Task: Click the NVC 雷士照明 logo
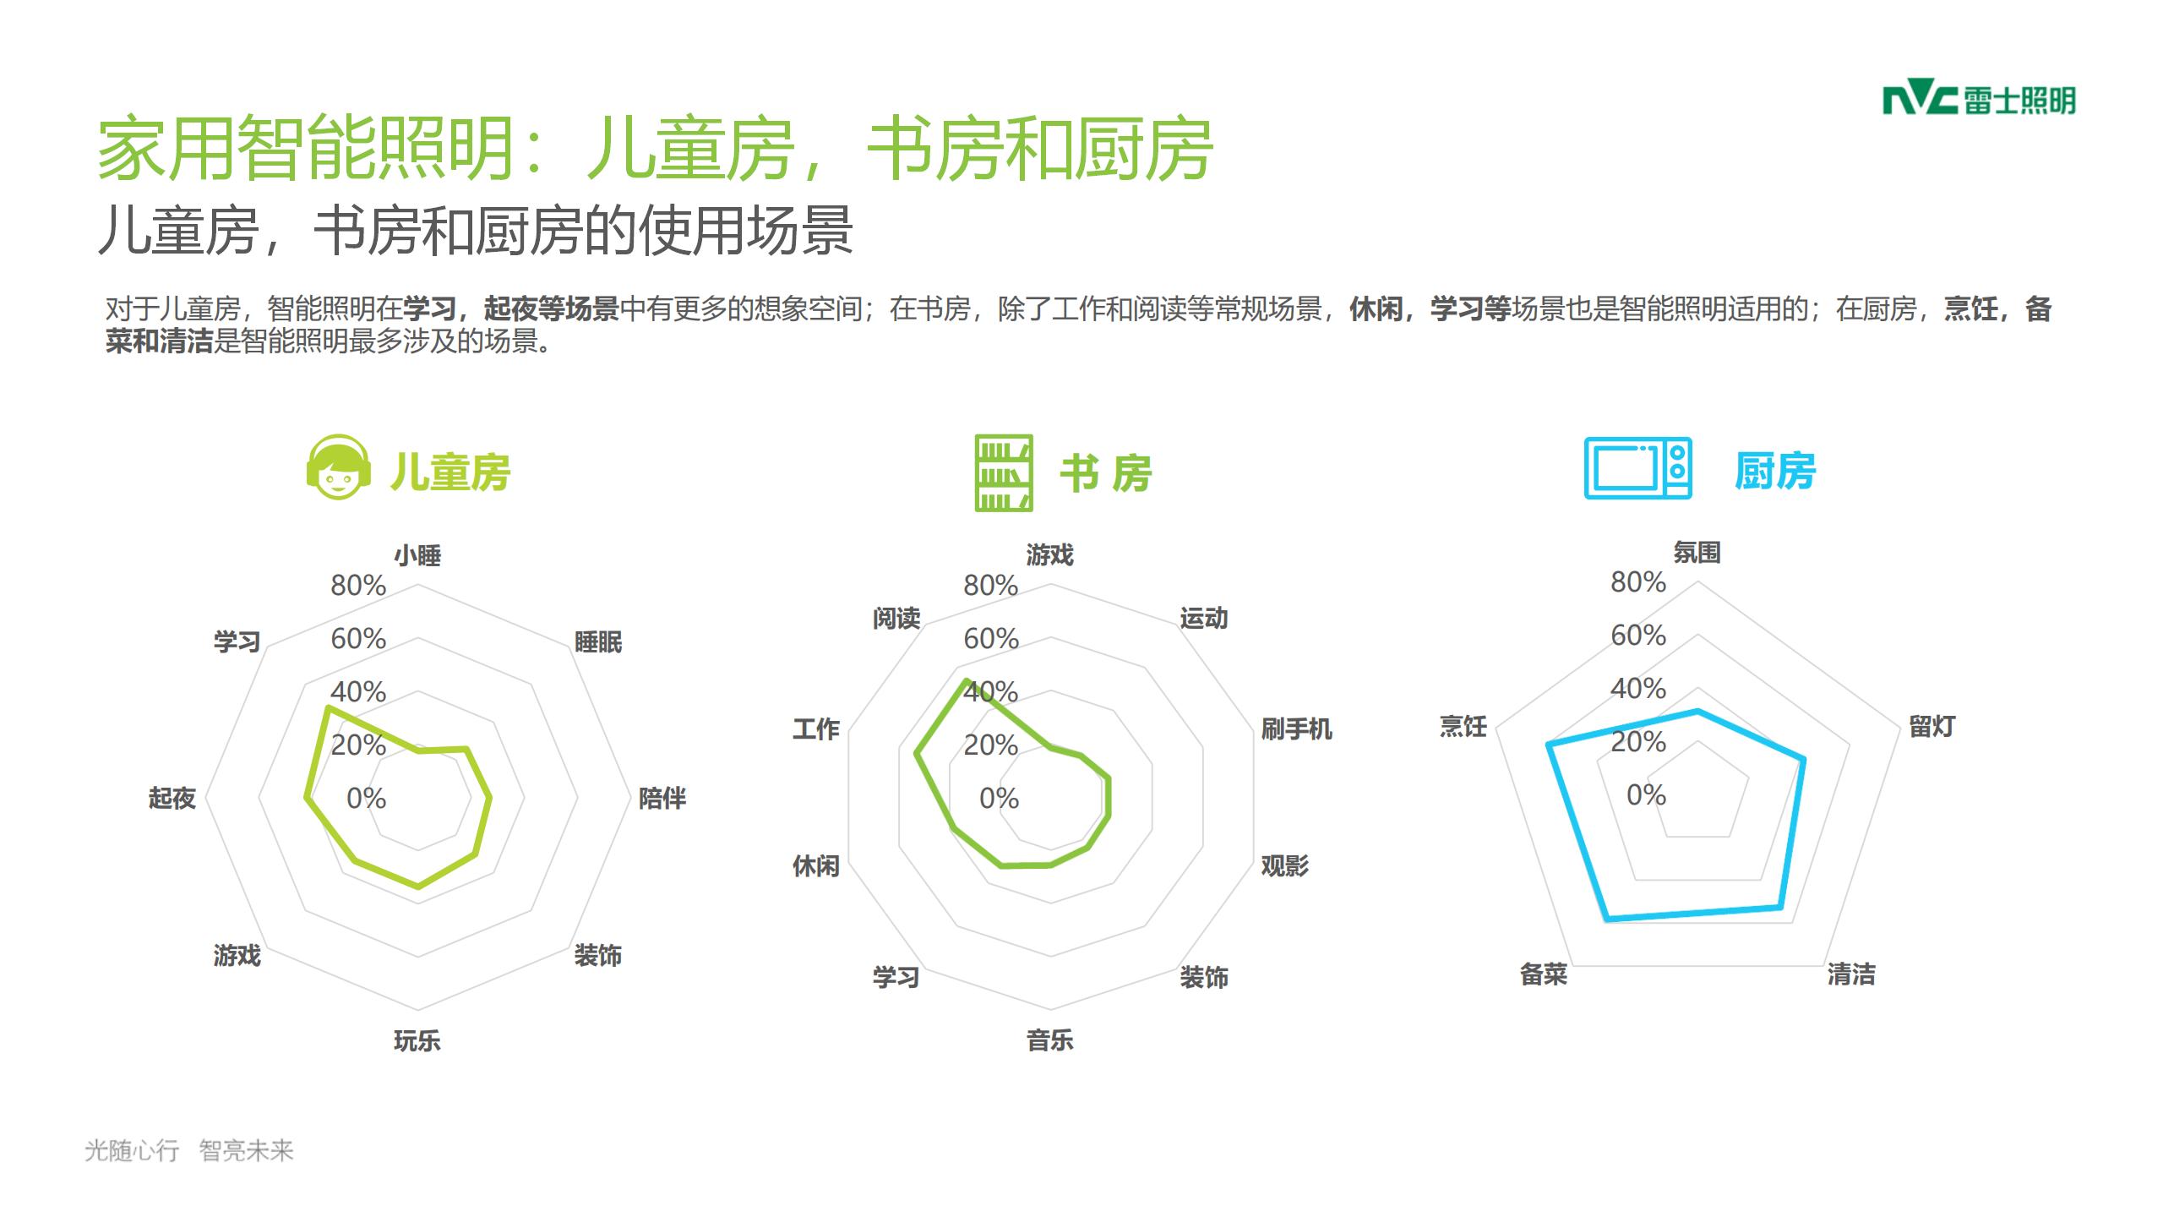coord(1979,101)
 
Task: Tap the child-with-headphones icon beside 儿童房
coord(339,467)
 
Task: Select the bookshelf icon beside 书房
coord(1004,472)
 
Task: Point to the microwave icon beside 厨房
coord(1637,468)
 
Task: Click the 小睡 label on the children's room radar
coord(417,555)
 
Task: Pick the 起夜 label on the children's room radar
coord(172,798)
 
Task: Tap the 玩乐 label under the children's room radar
coord(417,1040)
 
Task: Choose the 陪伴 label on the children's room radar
coord(662,798)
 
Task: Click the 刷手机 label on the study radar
coord(1296,729)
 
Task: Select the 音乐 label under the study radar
coord(1050,1040)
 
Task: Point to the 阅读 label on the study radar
coord(896,619)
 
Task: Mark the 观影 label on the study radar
coord(1285,865)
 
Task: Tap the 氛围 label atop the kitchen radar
coord(1697,553)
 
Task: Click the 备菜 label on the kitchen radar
coord(1544,974)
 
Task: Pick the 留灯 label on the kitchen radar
coord(1932,726)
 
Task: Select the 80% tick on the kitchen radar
coord(1638,582)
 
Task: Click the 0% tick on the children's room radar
coord(366,798)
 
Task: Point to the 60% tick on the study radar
coord(991,639)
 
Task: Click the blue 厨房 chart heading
coord(1775,471)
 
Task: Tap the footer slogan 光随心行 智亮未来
coord(189,1150)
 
